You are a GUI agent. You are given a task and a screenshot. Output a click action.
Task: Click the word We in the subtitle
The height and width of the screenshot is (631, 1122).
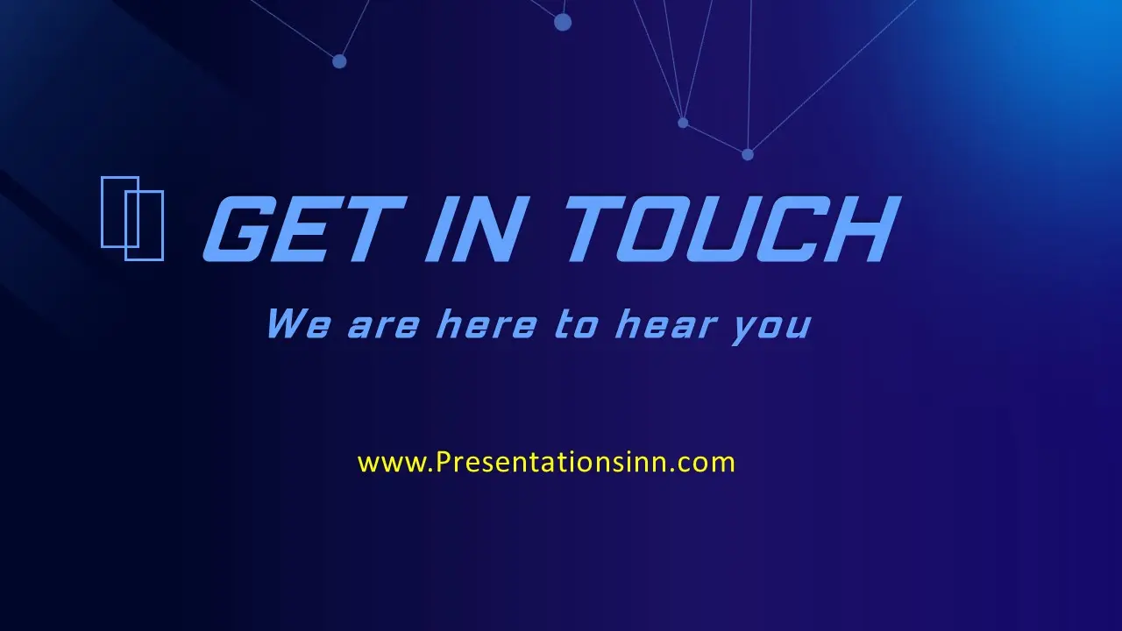pyautogui.click(x=299, y=324)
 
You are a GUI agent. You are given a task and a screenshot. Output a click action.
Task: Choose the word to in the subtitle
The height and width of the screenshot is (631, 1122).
pyautogui.click(x=577, y=325)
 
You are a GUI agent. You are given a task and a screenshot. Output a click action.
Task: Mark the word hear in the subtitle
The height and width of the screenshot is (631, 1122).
pyautogui.click(x=666, y=324)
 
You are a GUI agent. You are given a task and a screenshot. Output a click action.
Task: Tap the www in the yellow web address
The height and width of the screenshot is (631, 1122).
pyautogui.click(x=391, y=463)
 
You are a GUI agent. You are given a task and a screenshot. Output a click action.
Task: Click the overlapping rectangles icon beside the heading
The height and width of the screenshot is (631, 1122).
pyautogui.click(x=132, y=218)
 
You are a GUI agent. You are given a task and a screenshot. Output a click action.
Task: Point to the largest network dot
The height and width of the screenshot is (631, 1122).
pyautogui.click(x=563, y=22)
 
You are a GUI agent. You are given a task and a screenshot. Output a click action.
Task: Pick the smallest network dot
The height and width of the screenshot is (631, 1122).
pyautogui.click(x=683, y=123)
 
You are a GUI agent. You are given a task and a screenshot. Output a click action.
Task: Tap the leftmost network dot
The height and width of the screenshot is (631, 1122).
pyautogui.click(x=339, y=61)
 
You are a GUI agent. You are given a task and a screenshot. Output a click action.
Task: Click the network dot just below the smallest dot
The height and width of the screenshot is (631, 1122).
pyautogui.click(x=748, y=154)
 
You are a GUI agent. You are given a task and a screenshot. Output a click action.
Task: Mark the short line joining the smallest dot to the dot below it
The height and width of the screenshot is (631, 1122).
pyautogui.click(x=715, y=138)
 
